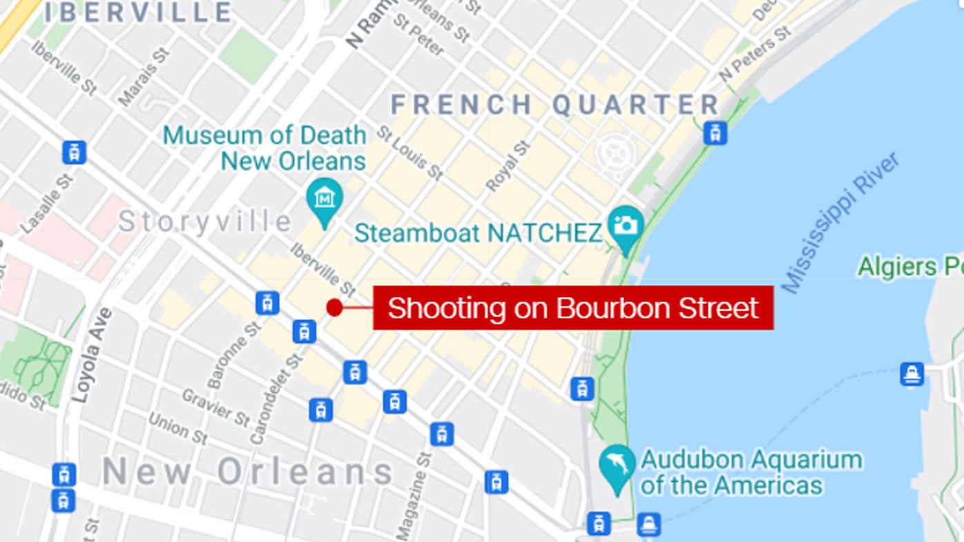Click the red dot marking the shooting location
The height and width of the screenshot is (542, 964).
(334, 307)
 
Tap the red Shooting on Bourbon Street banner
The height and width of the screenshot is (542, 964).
(572, 308)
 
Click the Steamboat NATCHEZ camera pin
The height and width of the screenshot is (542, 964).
(626, 226)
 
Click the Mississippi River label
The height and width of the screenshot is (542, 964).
(840, 222)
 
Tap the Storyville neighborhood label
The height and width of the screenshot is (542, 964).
(205, 222)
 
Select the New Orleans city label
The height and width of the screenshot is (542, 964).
(248, 472)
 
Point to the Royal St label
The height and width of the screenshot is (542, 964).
(508, 166)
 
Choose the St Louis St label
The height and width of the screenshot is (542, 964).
(409, 153)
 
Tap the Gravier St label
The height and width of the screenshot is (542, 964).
(215, 407)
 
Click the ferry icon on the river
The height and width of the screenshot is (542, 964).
(912, 374)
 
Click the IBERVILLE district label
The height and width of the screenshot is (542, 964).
(139, 12)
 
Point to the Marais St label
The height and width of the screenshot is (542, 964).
(144, 76)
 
